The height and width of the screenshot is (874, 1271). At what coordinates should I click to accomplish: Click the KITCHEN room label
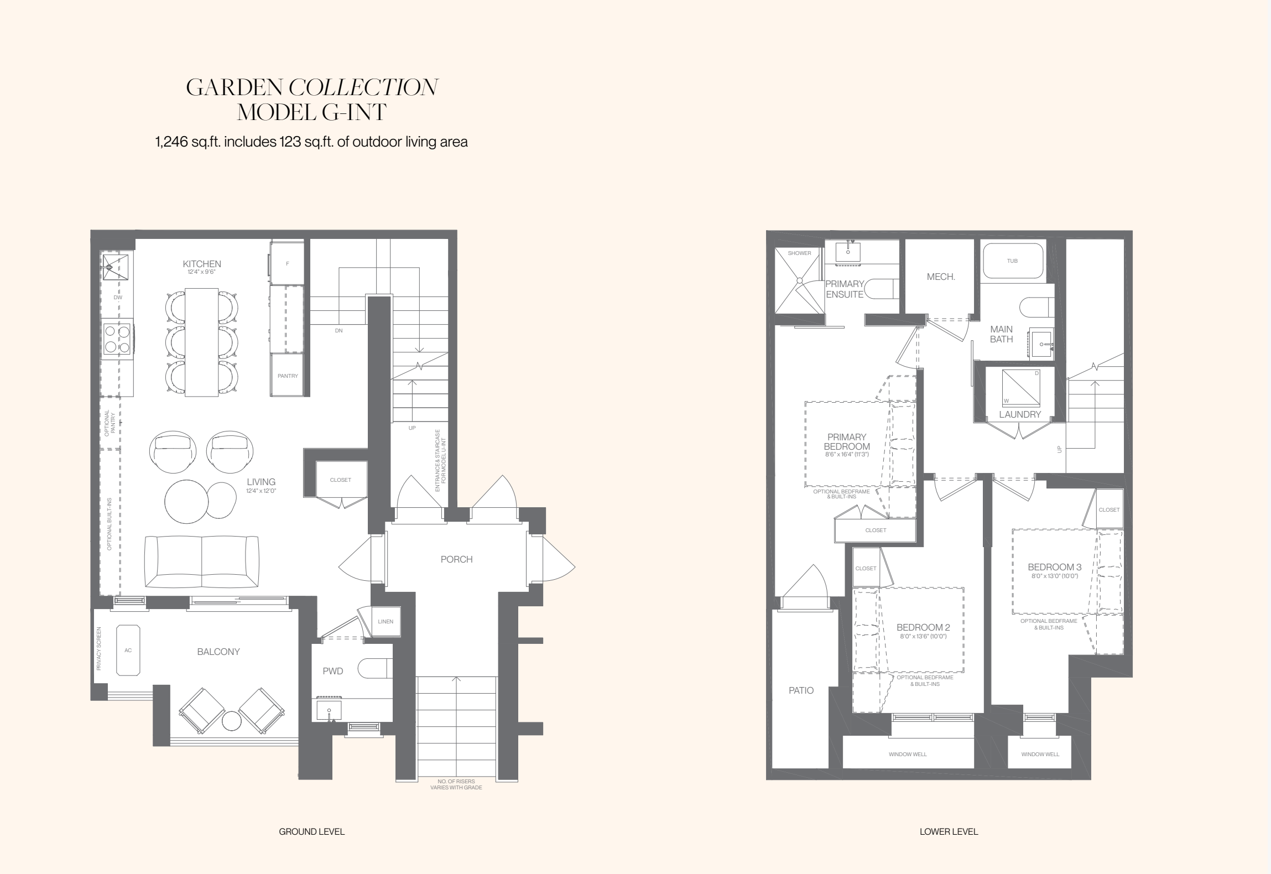click(x=202, y=264)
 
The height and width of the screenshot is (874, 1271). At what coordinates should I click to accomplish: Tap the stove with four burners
click(x=117, y=339)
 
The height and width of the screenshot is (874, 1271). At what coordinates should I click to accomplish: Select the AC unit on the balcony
click(x=128, y=650)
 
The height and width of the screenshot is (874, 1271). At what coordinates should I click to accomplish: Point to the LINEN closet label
click(x=386, y=621)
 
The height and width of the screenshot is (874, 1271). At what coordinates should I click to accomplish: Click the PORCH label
click(x=456, y=559)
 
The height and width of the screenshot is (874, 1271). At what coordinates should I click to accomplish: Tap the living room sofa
click(x=201, y=561)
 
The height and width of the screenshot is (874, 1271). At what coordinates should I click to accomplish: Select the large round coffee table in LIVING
click(x=186, y=501)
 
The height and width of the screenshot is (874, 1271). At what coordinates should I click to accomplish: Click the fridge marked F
click(x=287, y=263)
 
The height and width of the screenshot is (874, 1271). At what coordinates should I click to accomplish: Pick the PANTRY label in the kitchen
click(x=288, y=376)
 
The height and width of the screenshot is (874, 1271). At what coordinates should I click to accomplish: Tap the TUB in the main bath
click(x=1012, y=261)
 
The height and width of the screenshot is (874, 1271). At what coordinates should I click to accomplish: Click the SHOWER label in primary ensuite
click(x=799, y=253)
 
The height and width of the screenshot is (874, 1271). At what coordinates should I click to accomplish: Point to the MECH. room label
click(x=941, y=277)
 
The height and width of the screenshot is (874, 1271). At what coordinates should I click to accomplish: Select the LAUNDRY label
click(x=1020, y=414)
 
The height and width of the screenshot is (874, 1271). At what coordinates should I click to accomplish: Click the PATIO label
click(x=801, y=690)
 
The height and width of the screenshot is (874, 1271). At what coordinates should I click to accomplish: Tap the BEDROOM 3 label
click(x=1054, y=567)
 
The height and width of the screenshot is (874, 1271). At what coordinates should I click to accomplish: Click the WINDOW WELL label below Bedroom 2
click(x=908, y=754)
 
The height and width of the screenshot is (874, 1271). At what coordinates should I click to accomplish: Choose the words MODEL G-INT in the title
click(x=311, y=112)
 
